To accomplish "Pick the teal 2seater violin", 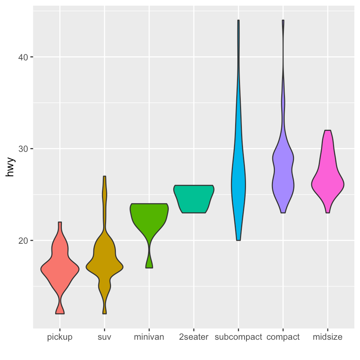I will [x=194, y=199].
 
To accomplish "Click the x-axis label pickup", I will [x=60, y=337].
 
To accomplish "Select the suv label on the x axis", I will [x=105, y=337].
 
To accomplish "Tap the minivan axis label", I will [x=149, y=337].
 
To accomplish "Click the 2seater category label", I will [x=194, y=337].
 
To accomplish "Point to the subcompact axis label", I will [x=238, y=337].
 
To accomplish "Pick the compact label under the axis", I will [x=283, y=337].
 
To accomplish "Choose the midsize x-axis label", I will [x=328, y=337].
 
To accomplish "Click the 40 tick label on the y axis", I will [x=24, y=57].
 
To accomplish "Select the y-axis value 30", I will [x=24, y=149].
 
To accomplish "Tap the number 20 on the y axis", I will [x=24, y=240].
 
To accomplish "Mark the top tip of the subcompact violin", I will [x=238, y=21].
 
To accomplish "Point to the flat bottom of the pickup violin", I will [x=60, y=313].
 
